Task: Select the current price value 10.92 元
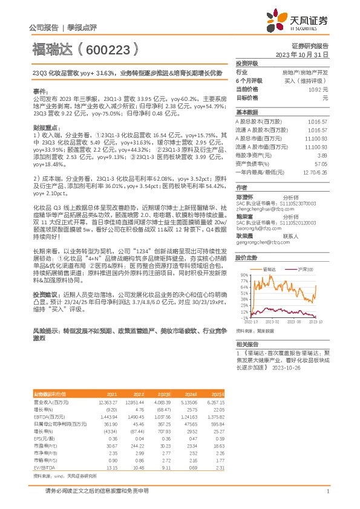(319, 89)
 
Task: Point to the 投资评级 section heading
(247, 63)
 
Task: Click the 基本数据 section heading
(247, 112)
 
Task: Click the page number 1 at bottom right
(327, 492)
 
